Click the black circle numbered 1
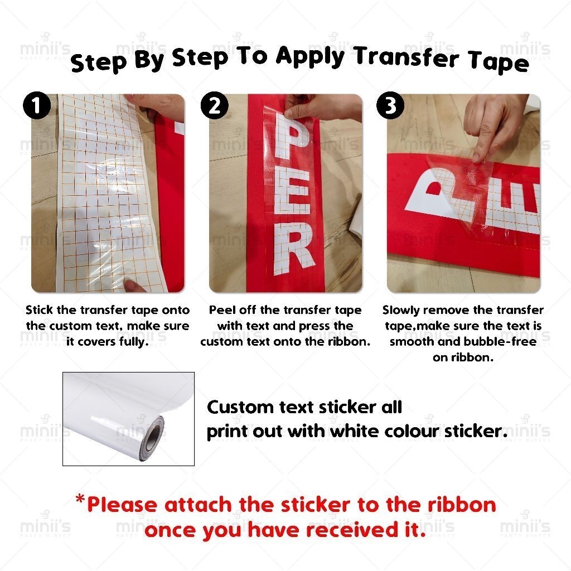pyautogui.click(x=37, y=105)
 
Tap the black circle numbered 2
pyautogui.click(x=215, y=105)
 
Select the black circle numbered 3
pyautogui.click(x=390, y=105)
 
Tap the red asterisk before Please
pyautogui.click(x=80, y=499)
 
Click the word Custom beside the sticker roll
pyautogui.click(x=240, y=407)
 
